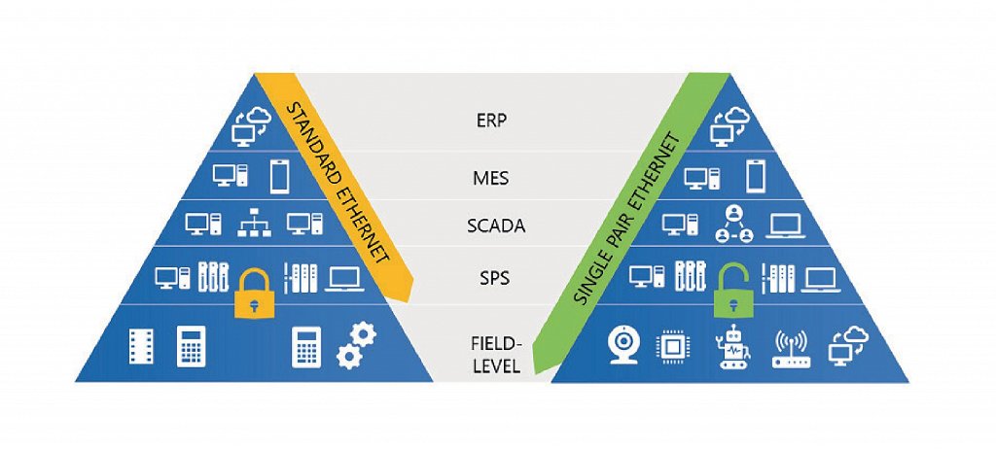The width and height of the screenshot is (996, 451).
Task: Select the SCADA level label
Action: [x=495, y=226]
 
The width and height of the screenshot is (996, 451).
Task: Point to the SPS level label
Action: [x=495, y=280]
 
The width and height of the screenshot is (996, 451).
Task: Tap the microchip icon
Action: [x=671, y=346]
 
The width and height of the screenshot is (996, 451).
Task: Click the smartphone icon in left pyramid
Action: [x=279, y=177]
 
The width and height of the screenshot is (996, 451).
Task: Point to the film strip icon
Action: [x=141, y=346]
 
